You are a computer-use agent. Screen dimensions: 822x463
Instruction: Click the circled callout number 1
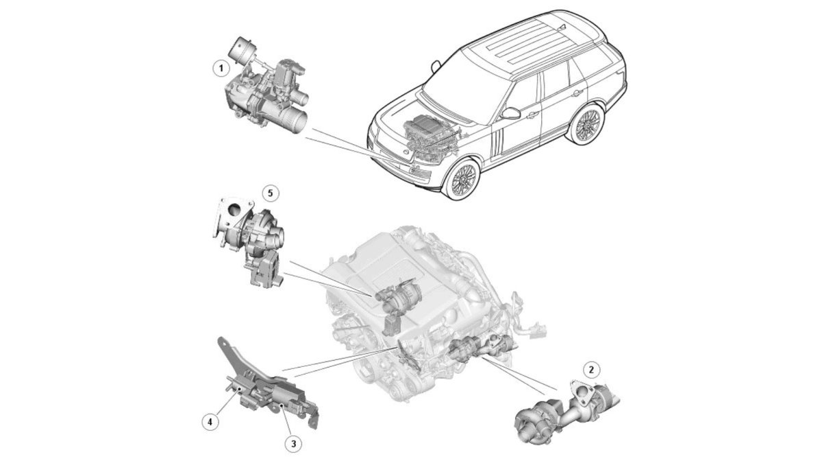tap(221, 69)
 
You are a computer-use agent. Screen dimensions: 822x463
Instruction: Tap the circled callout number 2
tap(590, 370)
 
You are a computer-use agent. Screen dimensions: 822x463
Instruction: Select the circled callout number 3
tap(294, 444)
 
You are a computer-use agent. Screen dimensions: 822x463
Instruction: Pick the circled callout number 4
tap(210, 423)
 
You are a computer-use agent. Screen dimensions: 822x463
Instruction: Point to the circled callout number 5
tap(271, 193)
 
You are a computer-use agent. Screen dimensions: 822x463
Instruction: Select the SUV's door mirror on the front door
tap(511, 112)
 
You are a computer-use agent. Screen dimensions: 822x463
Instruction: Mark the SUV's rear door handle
tap(577, 93)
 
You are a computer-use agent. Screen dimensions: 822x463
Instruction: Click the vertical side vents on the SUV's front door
tap(497, 145)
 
